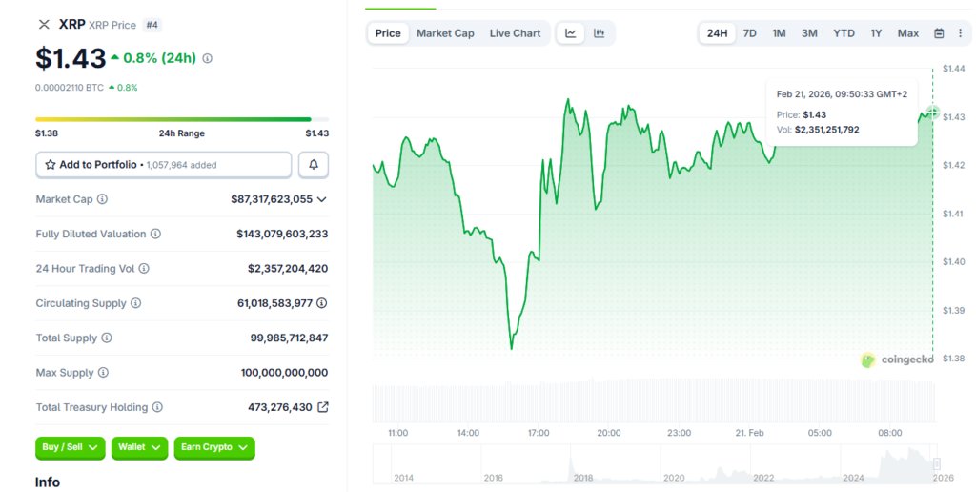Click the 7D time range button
pyautogui.click(x=750, y=33)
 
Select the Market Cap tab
pyautogui.click(x=445, y=33)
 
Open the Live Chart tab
pyautogui.click(x=515, y=33)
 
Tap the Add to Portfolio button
pyautogui.click(x=164, y=165)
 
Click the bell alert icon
pyautogui.click(x=314, y=165)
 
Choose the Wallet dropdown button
pyautogui.click(x=139, y=447)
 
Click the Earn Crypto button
pyautogui.click(x=214, y=447)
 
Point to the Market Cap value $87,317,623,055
pyautogui.click(x=272, y=199)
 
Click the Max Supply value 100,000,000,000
pyautogui.click(x=284, y=373)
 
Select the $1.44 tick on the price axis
pyautogui.click(x=953, y=68)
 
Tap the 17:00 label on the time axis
pyautogui.click(x=539, y=433)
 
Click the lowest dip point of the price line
pyautogui.click(x=512, y=348)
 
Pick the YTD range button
pyautogui.click(x=844, y=33)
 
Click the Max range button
pyautogui.click(x=907, y=33)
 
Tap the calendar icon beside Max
pyautogui.click(x=939, y=33)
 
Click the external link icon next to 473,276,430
pyautogui.click(x=323, y=407)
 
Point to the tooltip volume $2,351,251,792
pyautogui.click(x=826, y=129)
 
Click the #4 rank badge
pyautogui.click(x=152, y=25)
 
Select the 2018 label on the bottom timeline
pyautogui.click(x=582, y=478)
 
